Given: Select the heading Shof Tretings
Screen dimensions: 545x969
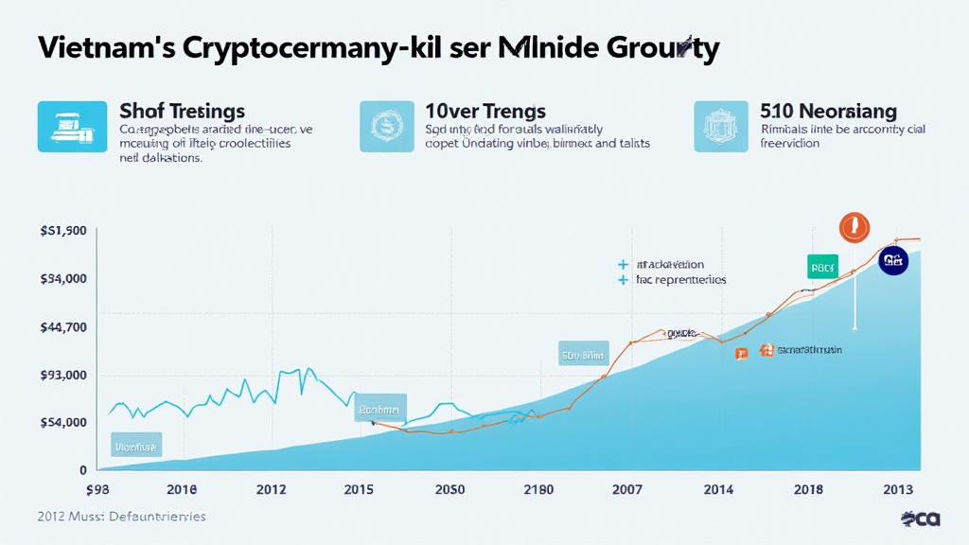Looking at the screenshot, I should pos(182,112).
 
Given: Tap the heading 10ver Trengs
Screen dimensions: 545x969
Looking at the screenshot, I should pos(485,112).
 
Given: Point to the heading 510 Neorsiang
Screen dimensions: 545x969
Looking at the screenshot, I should pos(828,112).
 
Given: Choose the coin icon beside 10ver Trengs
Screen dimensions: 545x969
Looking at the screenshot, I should pos(386,127).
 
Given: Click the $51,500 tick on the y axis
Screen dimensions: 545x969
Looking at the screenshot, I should pos(64,231).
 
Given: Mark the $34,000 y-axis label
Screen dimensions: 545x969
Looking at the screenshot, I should pos(64,279).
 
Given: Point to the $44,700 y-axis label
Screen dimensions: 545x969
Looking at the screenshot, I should pos(64,327).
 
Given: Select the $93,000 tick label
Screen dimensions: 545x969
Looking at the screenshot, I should pos(64,376).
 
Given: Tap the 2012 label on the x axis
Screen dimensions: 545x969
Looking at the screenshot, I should pos(272,489).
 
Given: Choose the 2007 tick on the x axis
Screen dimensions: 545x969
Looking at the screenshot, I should pos(627,489).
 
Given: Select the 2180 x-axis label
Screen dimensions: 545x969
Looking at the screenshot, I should pos(538,489).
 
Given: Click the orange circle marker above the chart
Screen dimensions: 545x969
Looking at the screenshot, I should pos(854,228).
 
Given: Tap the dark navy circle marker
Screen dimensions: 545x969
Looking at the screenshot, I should pos(892,259).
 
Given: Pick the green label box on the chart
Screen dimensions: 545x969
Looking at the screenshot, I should pos(822,267).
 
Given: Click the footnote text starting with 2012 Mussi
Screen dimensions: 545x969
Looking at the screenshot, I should pos(121,517).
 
